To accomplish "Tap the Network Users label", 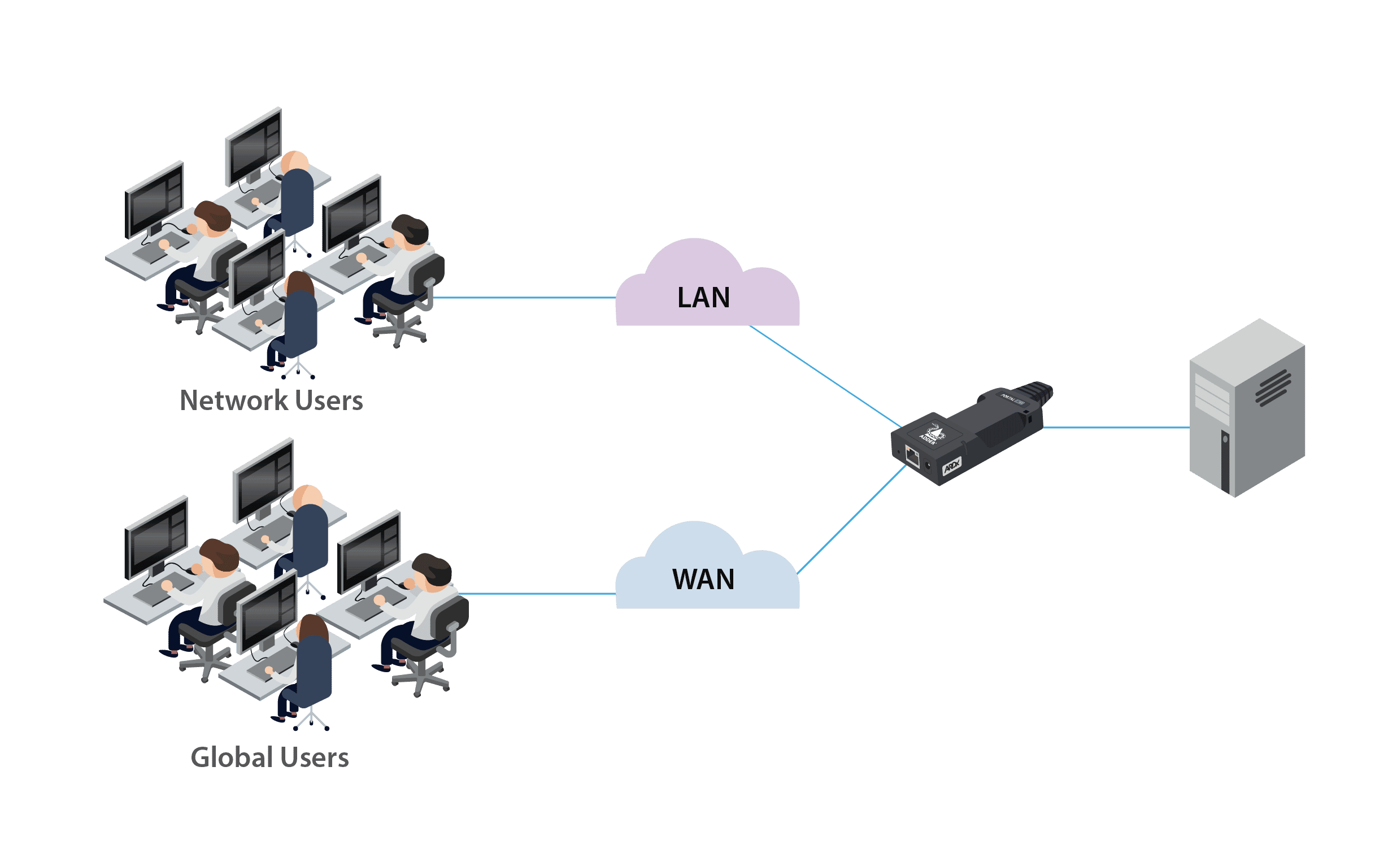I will [x=271, y=400].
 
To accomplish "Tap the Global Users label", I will [x=270, y=757].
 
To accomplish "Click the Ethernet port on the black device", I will [x=912, y=456].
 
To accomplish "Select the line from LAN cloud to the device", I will [x=825, y=376].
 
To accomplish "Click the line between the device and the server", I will [x=1116, y=428].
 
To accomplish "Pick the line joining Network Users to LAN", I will [x=525, y=298].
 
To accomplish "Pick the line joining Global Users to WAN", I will [x=537, y=594].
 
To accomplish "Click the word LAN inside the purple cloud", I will [x=703, y=298].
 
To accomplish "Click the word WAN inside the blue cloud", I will [x=703, y=580].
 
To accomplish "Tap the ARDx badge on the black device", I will [x=952, y=466].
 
